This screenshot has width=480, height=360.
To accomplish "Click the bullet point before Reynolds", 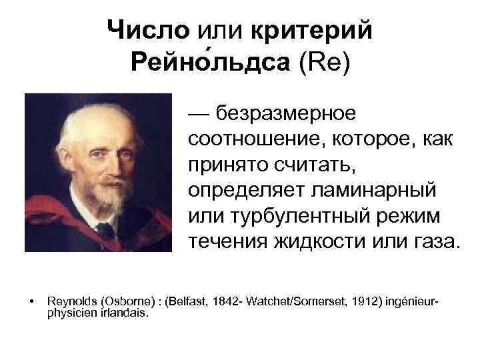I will click(32, 302).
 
